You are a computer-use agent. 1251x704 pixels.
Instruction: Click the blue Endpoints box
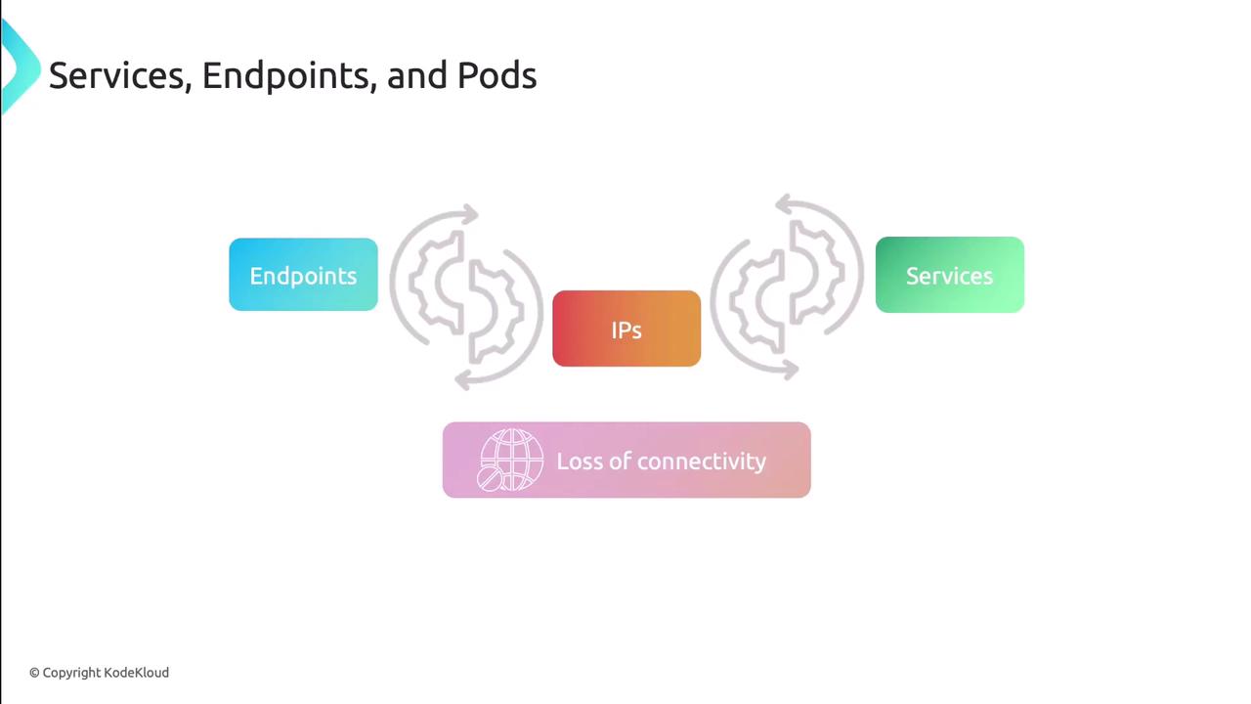click(303, 275)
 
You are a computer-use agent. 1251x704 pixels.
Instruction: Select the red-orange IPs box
click(626, 329)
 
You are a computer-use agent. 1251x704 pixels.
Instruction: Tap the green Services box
click(950, 275)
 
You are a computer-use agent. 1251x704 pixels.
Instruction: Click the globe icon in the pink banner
click(510, 460)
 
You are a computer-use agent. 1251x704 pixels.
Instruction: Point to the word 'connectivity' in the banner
click(702, 462)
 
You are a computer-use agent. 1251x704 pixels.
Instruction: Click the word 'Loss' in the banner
click(580, 462)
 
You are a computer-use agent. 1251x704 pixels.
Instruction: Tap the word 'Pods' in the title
click(497, 75)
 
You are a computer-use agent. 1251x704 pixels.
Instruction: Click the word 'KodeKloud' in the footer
click(136, 673)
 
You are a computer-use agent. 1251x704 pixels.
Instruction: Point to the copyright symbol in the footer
click(34, 674)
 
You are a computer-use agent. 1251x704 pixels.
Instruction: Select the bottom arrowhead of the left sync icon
click(463, 380)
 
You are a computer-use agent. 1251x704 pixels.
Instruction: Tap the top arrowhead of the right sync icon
click(785, 204)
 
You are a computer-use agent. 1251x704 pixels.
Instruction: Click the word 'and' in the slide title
click(416, 76)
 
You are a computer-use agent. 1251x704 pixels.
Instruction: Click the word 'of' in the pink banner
click(620, 461)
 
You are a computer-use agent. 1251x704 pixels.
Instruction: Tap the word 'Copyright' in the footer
click(71, 674)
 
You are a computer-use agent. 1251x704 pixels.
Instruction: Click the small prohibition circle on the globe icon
click(490, 480)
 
